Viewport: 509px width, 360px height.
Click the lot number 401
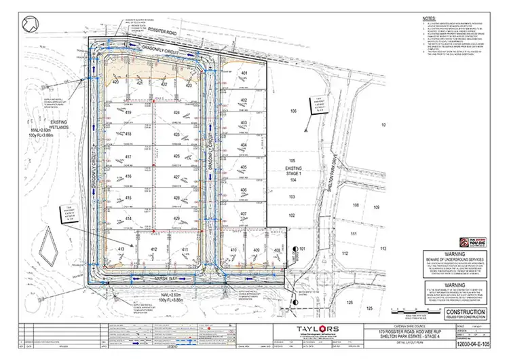click(244, 73)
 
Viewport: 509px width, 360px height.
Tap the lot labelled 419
click(128, 113)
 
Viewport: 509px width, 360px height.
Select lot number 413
click(122, 250)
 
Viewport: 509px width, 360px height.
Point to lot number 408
click(277, 251)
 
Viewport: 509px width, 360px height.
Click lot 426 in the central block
click(176, 156)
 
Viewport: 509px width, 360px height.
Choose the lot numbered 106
click(294, 110)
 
